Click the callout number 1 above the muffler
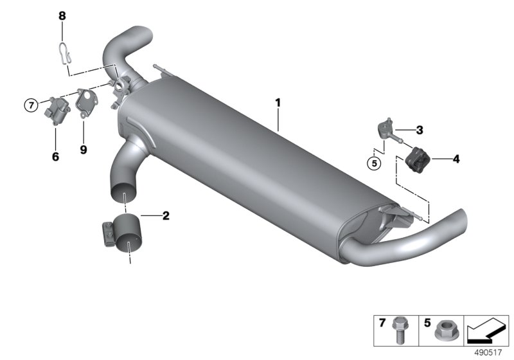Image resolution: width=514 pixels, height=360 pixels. click(x=278, y=103)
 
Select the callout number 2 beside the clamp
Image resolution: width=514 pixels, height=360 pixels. click(x=166, y=216)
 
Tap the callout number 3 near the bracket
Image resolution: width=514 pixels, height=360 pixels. click(x=420, y=130)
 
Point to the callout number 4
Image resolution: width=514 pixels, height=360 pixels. click(x=456, y=159)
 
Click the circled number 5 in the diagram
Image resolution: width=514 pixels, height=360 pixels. click(x=374, y=163)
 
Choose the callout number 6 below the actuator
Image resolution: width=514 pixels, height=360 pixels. click(x=55, y=157)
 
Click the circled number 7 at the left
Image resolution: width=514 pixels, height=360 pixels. click(x=31, y=105)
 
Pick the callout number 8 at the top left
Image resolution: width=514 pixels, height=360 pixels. click(x=62, y=15)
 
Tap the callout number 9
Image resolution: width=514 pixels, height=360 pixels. click(x=84, y=150)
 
